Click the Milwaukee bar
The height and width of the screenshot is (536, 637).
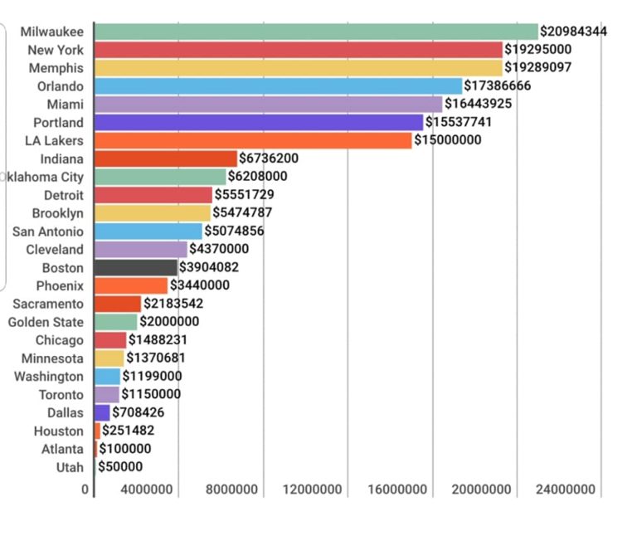316,32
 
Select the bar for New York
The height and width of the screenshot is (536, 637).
299,50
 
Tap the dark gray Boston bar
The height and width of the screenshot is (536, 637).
136,267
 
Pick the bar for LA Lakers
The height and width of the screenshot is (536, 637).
253,140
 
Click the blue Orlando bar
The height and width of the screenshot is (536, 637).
278,86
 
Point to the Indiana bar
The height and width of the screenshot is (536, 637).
166,158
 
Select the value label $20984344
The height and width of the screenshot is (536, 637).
573,32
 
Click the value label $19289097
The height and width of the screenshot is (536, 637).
538,67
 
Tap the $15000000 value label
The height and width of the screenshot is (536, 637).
447,140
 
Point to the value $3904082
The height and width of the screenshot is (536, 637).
212,267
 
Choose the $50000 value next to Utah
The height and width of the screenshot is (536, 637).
120,466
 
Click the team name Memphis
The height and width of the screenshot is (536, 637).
56,68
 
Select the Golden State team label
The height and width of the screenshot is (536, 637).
46,322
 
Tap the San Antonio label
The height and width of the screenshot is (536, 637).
48,231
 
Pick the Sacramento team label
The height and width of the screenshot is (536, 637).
48,304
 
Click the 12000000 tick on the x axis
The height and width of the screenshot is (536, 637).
313,490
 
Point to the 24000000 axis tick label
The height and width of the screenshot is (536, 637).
566,490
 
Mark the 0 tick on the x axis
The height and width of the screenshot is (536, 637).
85,490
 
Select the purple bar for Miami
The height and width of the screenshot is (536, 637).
268,104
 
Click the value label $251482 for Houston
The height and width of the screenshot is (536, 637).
128,431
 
